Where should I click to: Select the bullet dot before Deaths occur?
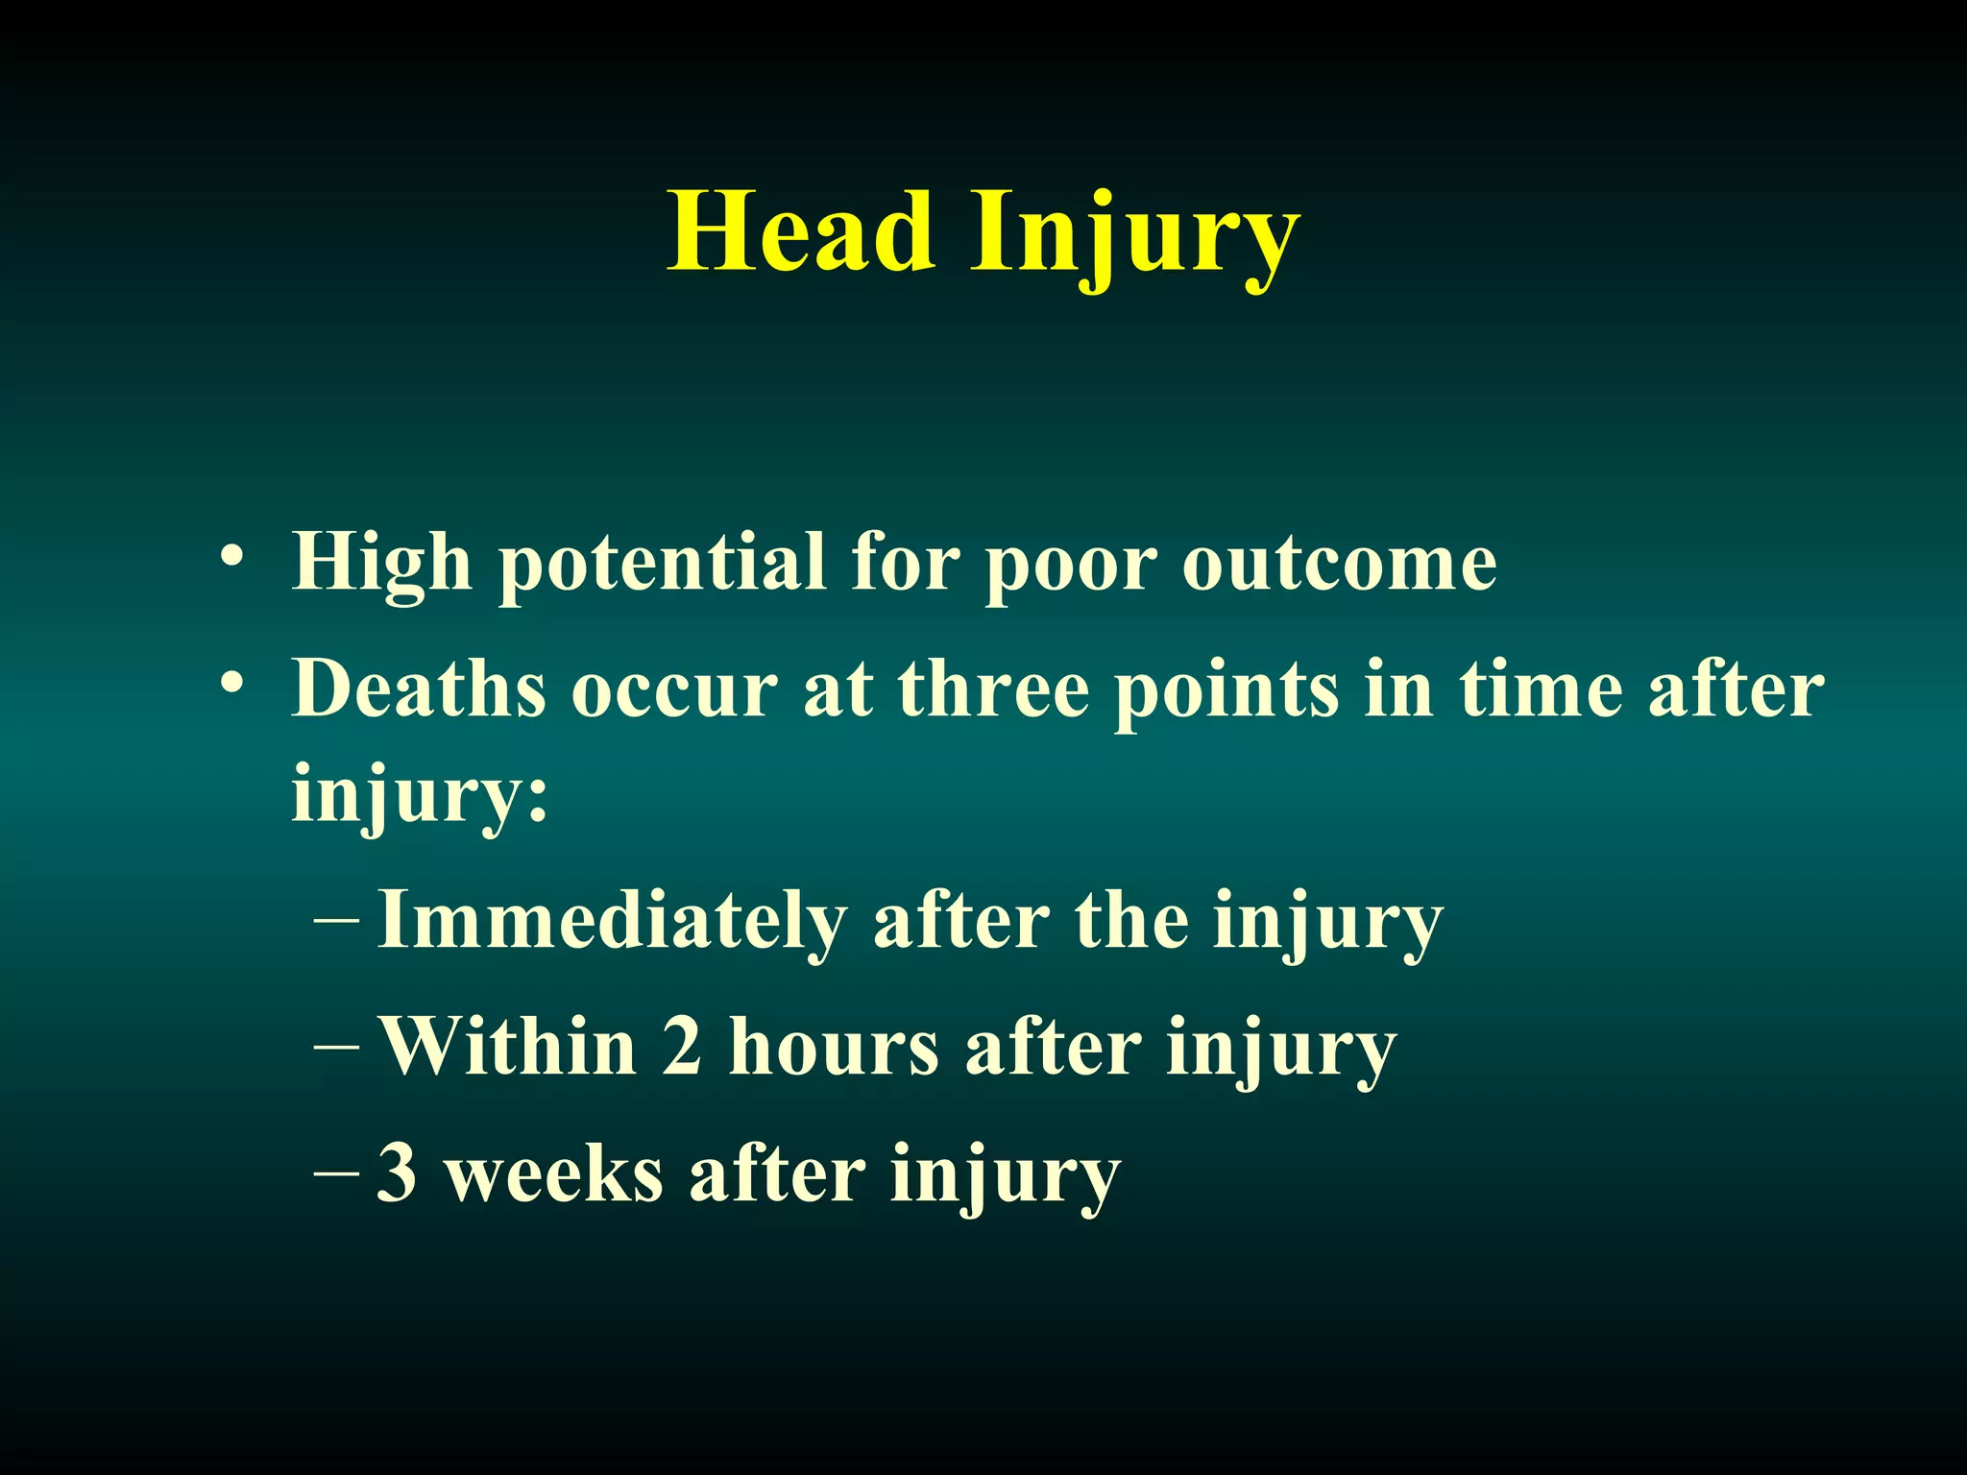[x=231, y=685]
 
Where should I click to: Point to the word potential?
[x=663, y=565]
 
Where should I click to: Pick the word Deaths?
[x=419, y=689]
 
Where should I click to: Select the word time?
[x=1541, y=689]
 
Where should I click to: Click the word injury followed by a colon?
[x=419, y=795]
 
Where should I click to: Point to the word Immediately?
[x=613, y=921]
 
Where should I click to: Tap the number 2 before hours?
[x=682, y=1047]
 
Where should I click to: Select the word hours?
[x=834, y=1047]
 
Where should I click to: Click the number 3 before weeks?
[x=397, y=1173]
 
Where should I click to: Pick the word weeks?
[x=555, y=1175]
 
